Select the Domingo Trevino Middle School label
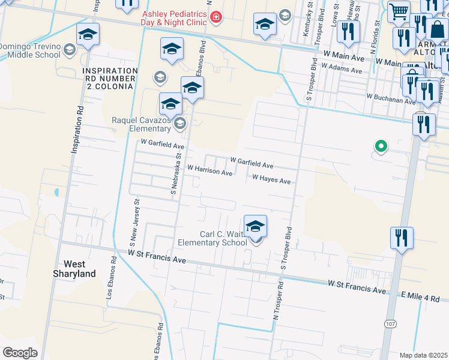(x=30, y=51)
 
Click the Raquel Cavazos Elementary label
(x=142, y=124)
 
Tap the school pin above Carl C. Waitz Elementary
(x=255, y=227)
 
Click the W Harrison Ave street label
(x=209, y=172)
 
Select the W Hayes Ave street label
(x=271, y=179)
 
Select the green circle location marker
(x=380, y=145)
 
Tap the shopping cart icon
(x=399, y=11)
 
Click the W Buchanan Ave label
(x=391, y=96)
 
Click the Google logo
(x=20, y=352)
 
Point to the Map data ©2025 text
(x=423, y=355)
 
